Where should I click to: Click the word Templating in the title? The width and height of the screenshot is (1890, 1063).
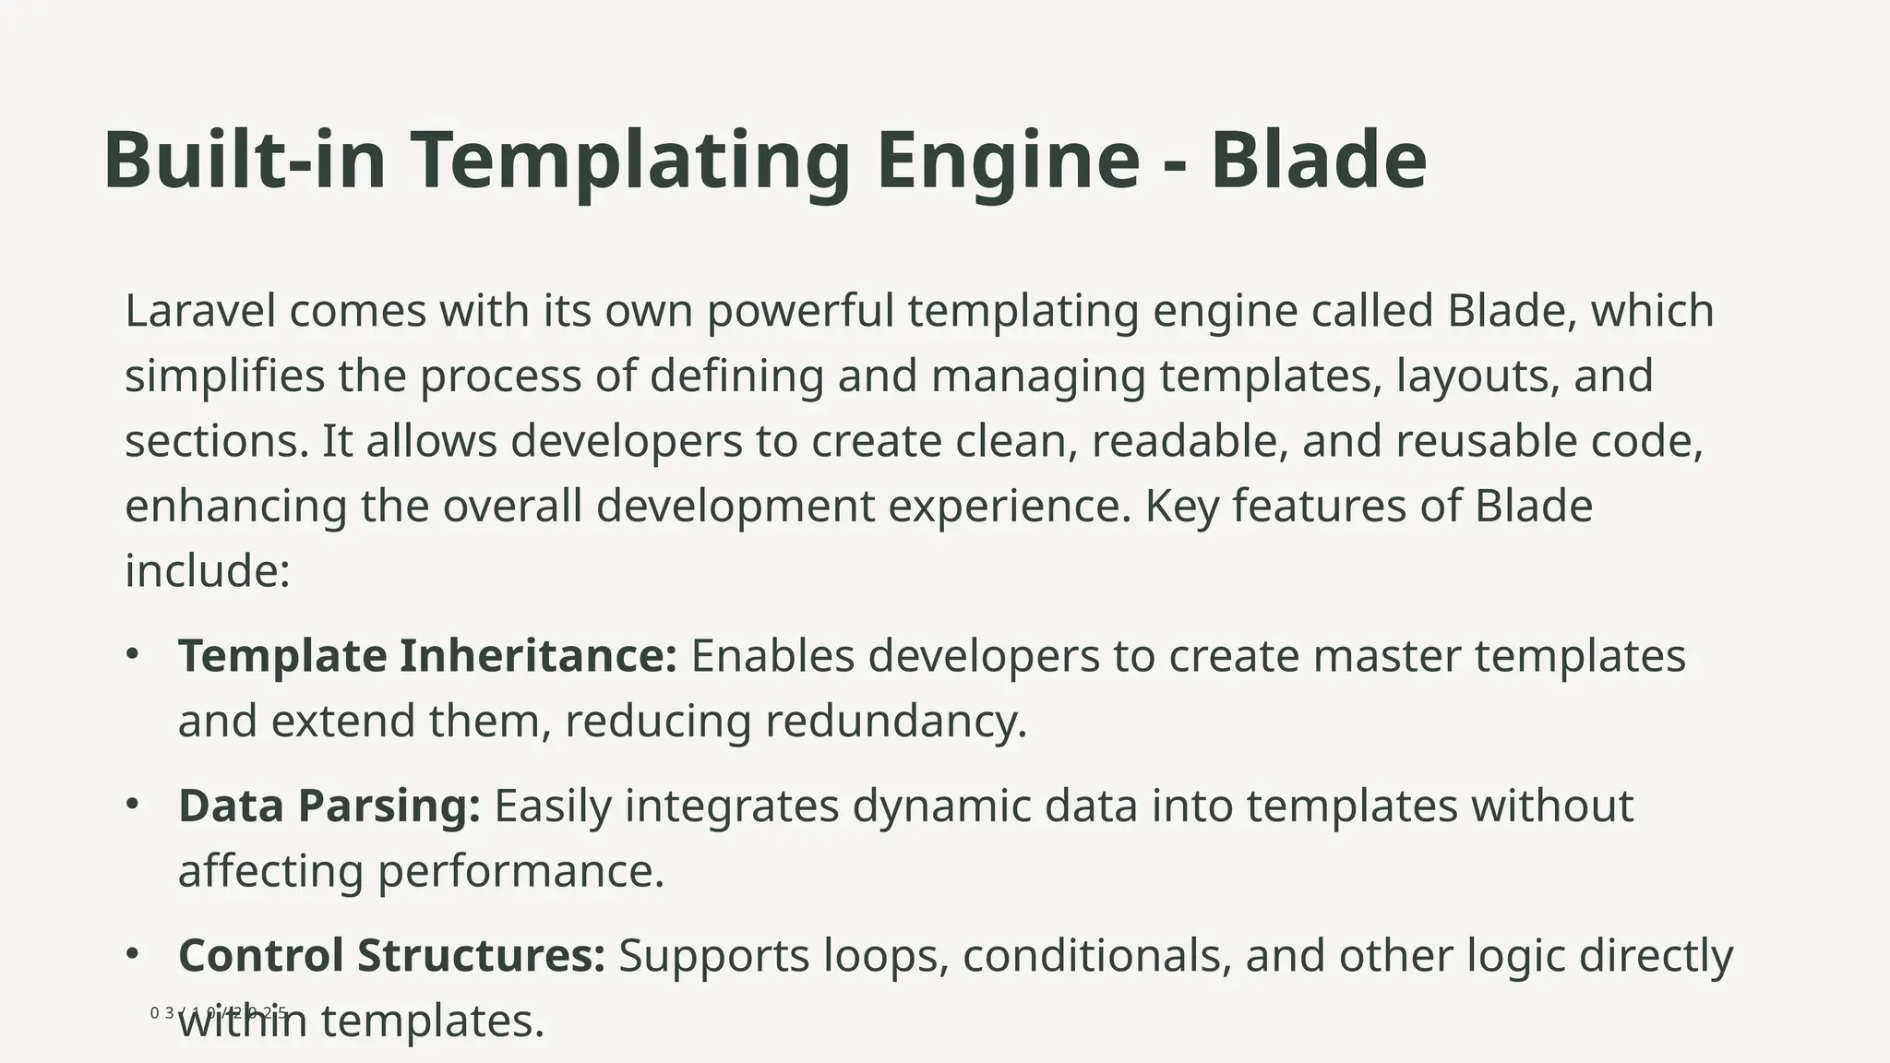(x=629, y=161)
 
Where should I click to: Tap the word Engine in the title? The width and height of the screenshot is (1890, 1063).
(x=1008, y=161)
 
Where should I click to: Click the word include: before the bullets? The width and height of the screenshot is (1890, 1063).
(x=208, y=570)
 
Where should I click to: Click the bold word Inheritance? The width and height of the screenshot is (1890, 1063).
(x=538, y=656)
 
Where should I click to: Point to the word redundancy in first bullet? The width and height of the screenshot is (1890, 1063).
(x=895, y=722)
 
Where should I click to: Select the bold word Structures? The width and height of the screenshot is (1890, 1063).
(x=481, y=956)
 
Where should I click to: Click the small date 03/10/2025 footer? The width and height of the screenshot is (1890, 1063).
(x=219, y=1012)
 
